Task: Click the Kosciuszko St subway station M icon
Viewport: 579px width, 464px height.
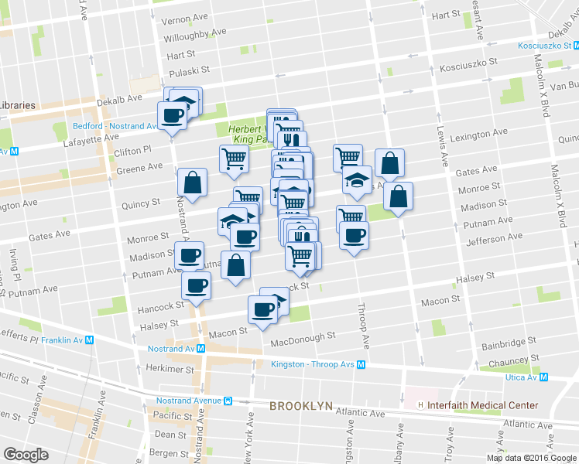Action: pos(573,46)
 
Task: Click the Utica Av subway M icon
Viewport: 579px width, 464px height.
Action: pos(543,377)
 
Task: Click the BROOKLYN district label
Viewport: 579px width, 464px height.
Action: pos(300,406)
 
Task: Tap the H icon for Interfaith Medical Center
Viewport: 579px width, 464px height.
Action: pos(420,405)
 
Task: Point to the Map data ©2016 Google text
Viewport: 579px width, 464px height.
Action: pos(531,458)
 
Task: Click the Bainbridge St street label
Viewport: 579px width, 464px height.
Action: pos(508,341)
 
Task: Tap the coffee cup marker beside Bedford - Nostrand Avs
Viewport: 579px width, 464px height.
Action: pos(172,116)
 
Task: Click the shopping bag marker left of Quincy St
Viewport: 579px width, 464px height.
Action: pos(192,183)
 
